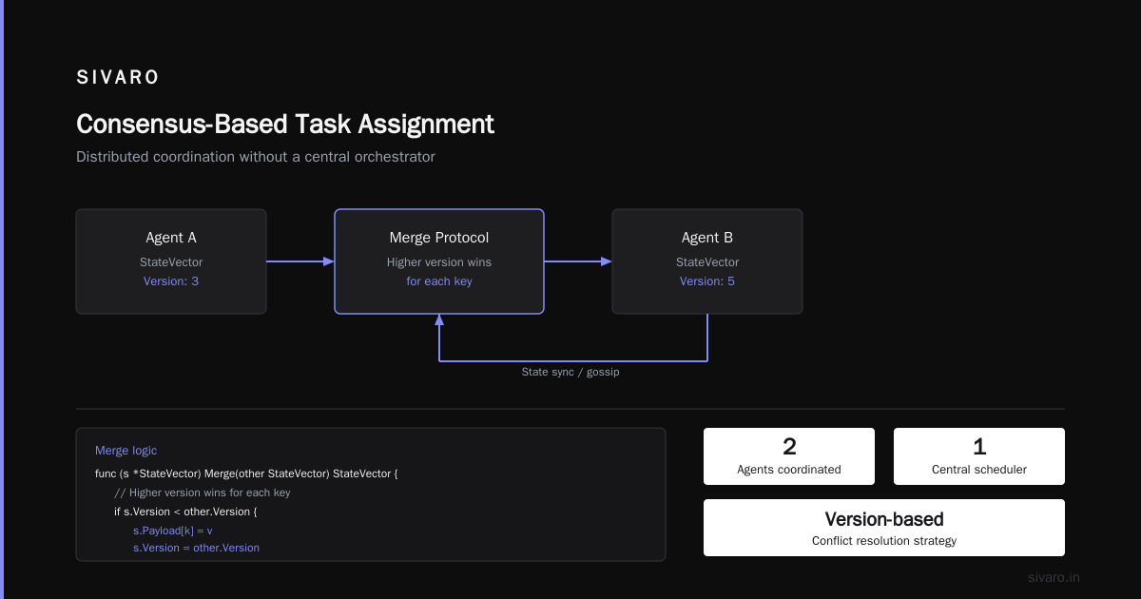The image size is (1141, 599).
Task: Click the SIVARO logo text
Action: pos(117,77)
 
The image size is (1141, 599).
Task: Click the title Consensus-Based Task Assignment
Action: pos(285,125)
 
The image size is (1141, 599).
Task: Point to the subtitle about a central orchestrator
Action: pos(256,156)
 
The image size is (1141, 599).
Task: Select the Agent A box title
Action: pos(171,238)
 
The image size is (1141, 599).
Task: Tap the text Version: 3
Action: pos(171,281)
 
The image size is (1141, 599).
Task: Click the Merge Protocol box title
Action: pos(439,238)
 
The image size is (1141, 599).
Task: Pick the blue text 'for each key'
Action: pos(439,281)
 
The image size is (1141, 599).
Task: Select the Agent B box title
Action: pos(707,238)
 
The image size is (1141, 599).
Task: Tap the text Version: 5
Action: pos(707,281)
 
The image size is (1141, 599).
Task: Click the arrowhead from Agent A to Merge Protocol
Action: pos(329,261)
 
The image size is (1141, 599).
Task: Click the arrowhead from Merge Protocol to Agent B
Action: pos(607,261)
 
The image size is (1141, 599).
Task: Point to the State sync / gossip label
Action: pos(570,372)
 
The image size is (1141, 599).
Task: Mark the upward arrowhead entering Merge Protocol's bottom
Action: pos(439,319)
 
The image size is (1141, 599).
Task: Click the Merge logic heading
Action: pos(126,451)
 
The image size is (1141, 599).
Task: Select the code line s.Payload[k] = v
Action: pos(173,531)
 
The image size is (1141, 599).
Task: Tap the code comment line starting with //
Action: pos(203,493)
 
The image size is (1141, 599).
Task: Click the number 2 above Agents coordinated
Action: pos(789,447)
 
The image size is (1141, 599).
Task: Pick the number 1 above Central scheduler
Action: pos(979,447)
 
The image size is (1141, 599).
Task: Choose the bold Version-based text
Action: pos(884,519)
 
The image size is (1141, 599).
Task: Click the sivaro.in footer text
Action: pos(1054,577)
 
